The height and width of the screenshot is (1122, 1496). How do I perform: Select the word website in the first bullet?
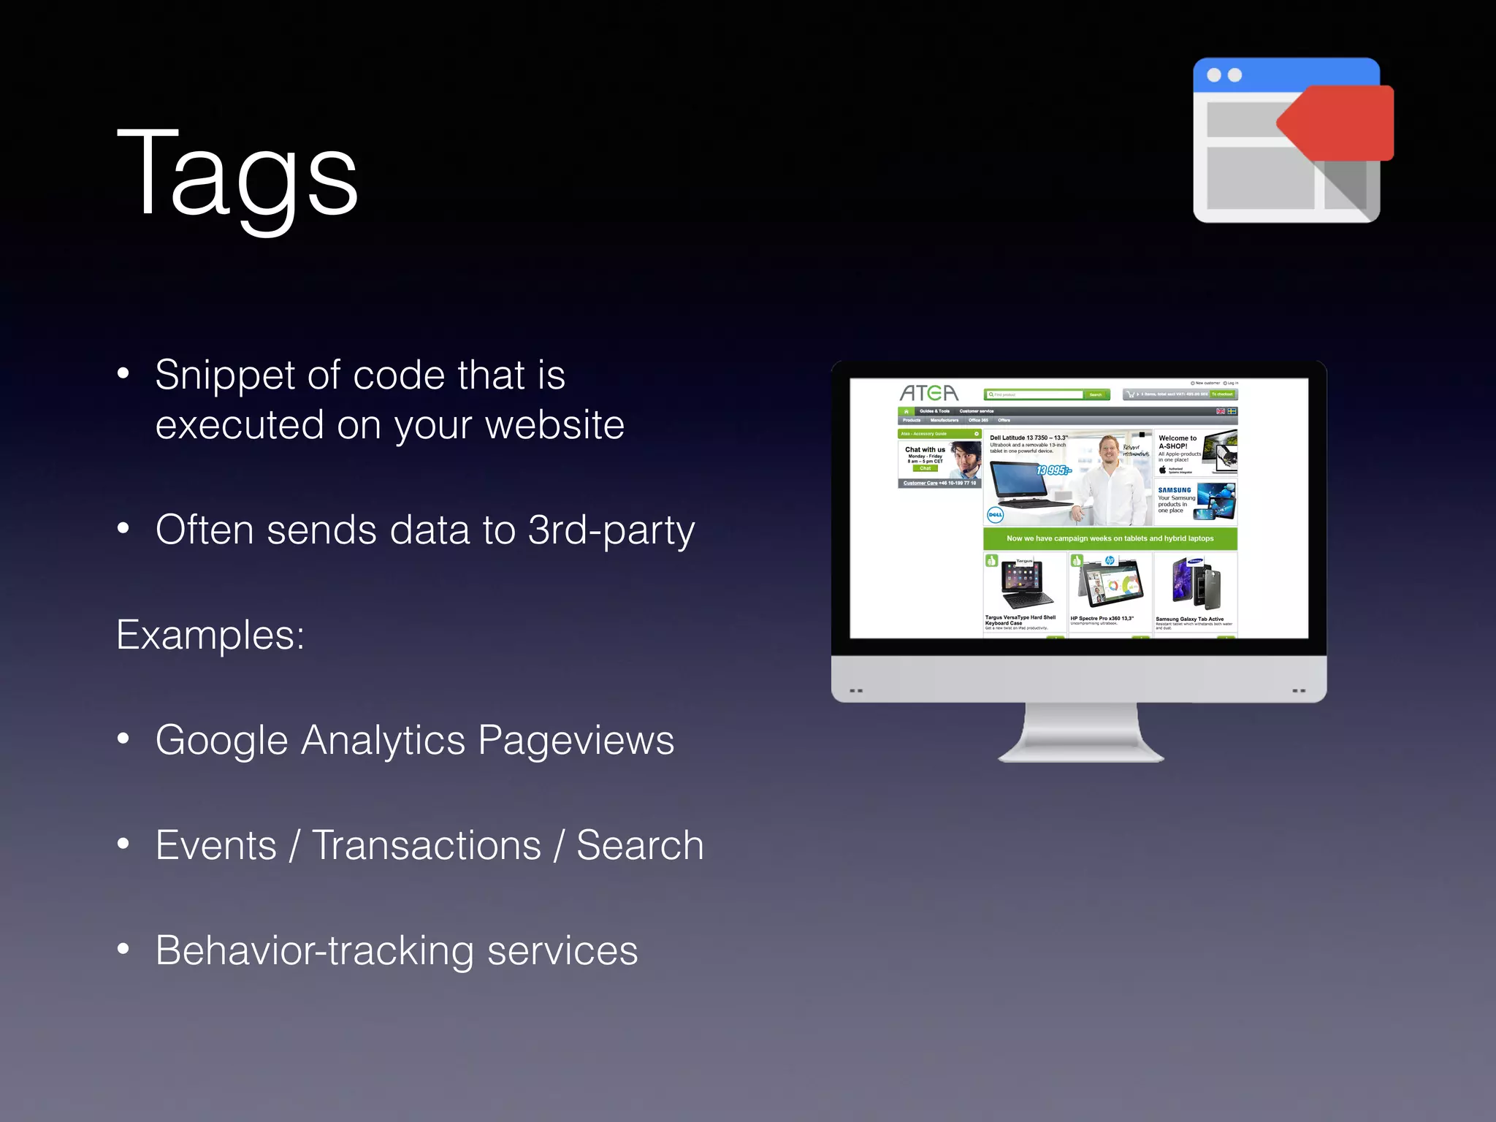(554, 425)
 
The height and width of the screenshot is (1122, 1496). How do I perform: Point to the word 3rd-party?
(611, 531)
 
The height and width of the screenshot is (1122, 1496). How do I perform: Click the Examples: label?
(210, 635)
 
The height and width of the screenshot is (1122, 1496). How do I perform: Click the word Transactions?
(427, 846)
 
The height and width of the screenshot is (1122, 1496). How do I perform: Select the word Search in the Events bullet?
(640, 846)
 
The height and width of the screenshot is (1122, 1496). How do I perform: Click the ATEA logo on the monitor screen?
(928, 393)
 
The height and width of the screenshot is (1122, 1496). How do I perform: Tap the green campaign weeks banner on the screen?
(1110, 538)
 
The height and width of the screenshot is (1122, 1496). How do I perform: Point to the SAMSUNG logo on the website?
(1175, 490)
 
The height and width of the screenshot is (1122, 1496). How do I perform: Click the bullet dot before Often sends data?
(123, 528)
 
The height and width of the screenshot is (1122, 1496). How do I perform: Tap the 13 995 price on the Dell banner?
(1053, 470)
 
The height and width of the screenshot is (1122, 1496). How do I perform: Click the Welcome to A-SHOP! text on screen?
(1177, 442)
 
